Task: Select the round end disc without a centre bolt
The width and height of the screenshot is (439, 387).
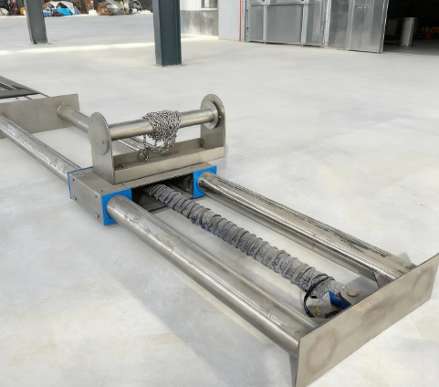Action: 99,134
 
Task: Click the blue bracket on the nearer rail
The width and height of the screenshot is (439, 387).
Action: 115,206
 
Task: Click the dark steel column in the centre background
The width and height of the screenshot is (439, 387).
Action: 167,31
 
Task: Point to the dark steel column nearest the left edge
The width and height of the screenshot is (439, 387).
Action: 36,21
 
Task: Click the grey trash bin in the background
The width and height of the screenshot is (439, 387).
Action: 407,32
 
